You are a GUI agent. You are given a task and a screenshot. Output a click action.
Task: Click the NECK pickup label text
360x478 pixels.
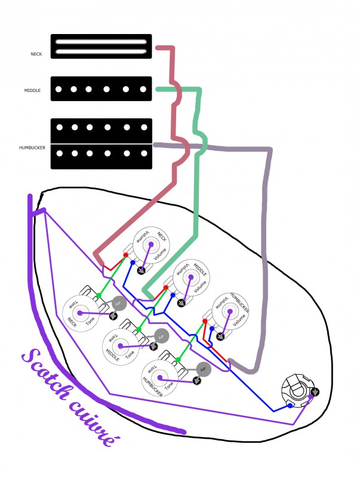[x=37, y=54]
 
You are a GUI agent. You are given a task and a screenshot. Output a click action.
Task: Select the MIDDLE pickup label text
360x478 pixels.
[x=33, y=91]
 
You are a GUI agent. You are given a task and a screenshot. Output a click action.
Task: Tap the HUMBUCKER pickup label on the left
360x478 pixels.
[x=30, y=146]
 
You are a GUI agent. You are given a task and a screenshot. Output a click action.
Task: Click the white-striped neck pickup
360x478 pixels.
[x=101, y=47]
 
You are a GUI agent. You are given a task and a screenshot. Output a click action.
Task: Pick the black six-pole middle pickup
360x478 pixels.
[x=101, y=90]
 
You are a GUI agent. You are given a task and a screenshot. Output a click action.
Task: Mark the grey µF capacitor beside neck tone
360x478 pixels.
[x=118, y=304]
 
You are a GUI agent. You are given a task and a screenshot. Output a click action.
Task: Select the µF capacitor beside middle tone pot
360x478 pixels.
[x=160, y=336]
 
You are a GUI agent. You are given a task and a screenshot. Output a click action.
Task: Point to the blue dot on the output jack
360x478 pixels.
[x=290, y=406]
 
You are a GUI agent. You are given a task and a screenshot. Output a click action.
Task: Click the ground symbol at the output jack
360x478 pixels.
[x=315, y=392]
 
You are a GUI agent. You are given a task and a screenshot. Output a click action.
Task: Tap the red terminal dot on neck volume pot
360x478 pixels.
[x=125, y=255]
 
